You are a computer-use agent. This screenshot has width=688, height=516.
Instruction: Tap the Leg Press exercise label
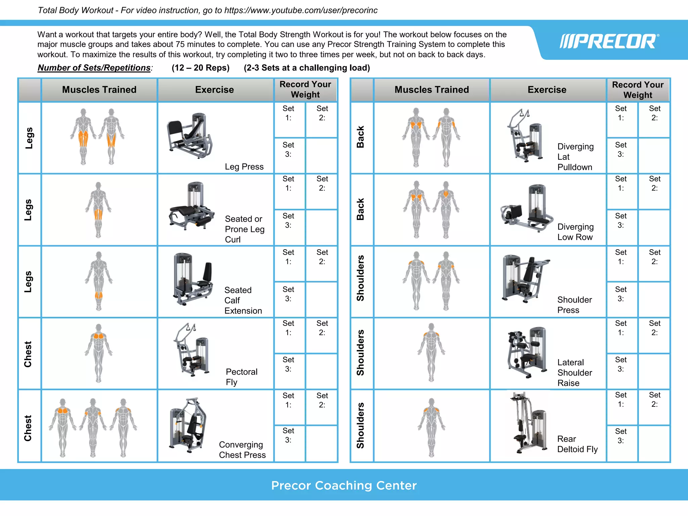244,167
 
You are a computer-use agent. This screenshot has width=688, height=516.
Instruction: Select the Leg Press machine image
190,136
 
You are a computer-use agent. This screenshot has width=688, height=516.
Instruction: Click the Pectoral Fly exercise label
241,377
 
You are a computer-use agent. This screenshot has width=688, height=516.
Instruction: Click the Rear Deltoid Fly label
577,444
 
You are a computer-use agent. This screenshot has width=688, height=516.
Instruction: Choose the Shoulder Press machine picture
525,279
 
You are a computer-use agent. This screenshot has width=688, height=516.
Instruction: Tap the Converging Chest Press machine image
188,425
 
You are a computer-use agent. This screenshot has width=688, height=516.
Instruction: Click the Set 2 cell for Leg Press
322,120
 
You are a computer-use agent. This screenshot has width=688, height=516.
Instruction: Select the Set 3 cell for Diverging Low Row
621,227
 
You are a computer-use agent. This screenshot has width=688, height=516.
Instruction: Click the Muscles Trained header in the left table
99,90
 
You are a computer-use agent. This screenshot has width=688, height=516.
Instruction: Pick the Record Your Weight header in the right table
638,90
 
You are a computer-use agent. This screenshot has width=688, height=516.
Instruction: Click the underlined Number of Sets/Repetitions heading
94,68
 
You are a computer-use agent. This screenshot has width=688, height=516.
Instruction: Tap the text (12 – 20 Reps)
201,68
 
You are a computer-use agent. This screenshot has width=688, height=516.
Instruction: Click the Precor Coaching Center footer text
344,485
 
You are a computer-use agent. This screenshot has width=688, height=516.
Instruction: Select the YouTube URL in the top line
301,10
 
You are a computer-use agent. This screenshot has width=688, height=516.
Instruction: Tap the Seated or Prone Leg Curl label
245,229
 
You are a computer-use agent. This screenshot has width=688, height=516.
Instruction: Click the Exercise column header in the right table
547,90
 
